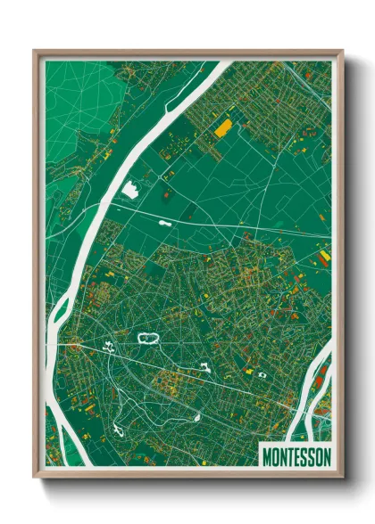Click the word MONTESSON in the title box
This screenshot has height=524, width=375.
pyautogui.click(x=296, y=456)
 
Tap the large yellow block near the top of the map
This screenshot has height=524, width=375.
pyautogui.click(x=222, y=127)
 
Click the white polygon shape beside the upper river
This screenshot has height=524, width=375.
pyautogui.click(x=130, y=189)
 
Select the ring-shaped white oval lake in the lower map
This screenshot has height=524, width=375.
pyautogui.click(x=147, y=338)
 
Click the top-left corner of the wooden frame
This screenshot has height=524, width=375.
pyautogui.click(x=35, y=51)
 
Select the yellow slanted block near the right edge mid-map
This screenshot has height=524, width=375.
pyautogui.click(x=323, y=257)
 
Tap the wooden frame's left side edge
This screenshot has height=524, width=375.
pyautogui.click(x=36, y=267)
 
